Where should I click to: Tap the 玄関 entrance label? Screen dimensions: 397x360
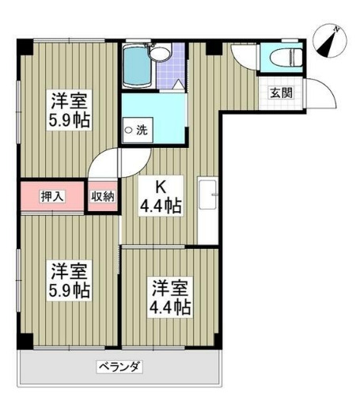pos(281,92)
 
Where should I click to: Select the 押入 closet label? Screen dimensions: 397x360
pos(52,196)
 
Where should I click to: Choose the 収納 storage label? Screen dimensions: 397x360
pos(103,196)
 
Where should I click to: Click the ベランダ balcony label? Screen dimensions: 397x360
pos(119,366)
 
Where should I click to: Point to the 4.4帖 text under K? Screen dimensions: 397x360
pos(161,207)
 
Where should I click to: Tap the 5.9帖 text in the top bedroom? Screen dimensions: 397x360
pos(70,123)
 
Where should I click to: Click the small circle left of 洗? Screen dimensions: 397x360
pos(129,130)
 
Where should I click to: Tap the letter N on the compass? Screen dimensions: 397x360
pos(336,30)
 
